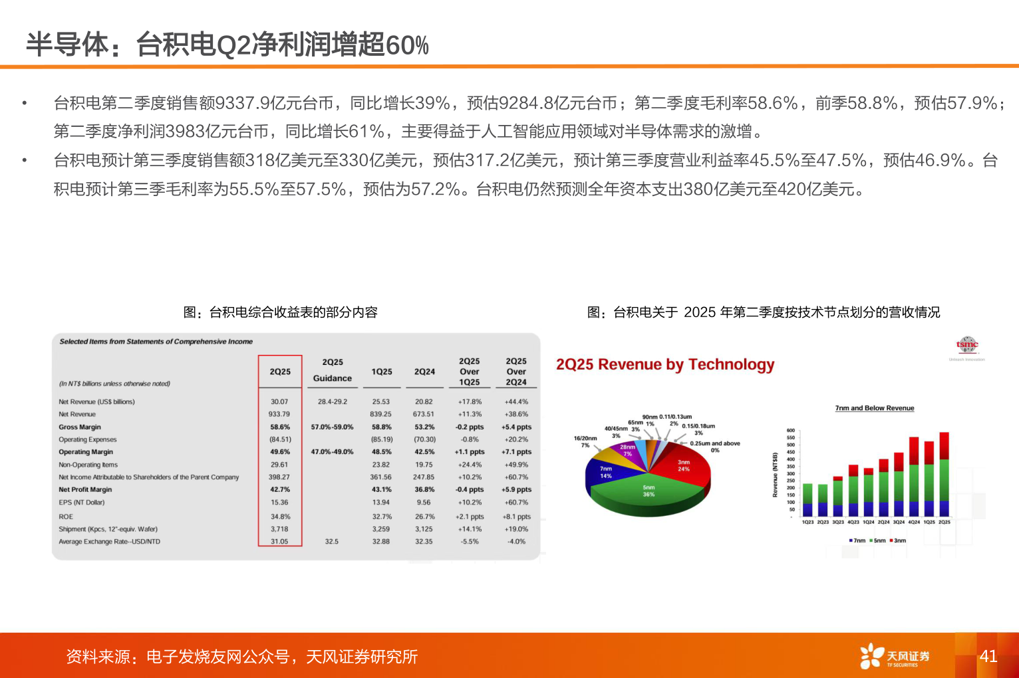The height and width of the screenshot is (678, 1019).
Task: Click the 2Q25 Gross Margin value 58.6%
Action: click(x=280, y=427)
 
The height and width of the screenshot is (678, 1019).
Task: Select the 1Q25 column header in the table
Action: click(x=382, y=372)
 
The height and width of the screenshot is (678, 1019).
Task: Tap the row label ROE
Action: click(x=66, y=516)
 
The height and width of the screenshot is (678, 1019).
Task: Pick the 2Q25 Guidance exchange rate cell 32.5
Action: click(x=332, y=542)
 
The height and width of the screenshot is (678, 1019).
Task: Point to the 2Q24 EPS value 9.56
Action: click(x=424, y=503)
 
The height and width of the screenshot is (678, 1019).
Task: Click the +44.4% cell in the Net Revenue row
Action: click(x=516, y=401)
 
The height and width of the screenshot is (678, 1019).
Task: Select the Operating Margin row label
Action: click(x=86, y=452)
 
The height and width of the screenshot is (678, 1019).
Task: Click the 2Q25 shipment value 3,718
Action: click(x=279, y=529)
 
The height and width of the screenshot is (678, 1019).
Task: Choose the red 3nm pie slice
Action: click(x=682, y=466)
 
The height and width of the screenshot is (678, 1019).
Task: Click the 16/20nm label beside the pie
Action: click(x=585, y=439)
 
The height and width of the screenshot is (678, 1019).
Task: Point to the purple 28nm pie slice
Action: click(x=627, y=451)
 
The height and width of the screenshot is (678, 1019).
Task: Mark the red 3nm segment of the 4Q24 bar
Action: click(x=914, y=451)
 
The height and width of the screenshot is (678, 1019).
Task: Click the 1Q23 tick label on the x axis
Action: click(x=807, y=522)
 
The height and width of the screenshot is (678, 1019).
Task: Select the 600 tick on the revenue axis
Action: click(x=791, y=431)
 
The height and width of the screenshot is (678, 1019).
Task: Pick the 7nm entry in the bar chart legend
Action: click(x=857, y=540)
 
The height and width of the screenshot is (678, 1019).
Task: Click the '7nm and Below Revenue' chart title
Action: click(x=875, y=408)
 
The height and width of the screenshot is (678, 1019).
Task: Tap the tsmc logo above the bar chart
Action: click(x=967, y=344)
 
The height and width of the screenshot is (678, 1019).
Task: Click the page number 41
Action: click(x=988, y=656)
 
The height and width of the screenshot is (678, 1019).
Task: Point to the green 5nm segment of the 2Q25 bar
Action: click(x=944, y=480)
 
